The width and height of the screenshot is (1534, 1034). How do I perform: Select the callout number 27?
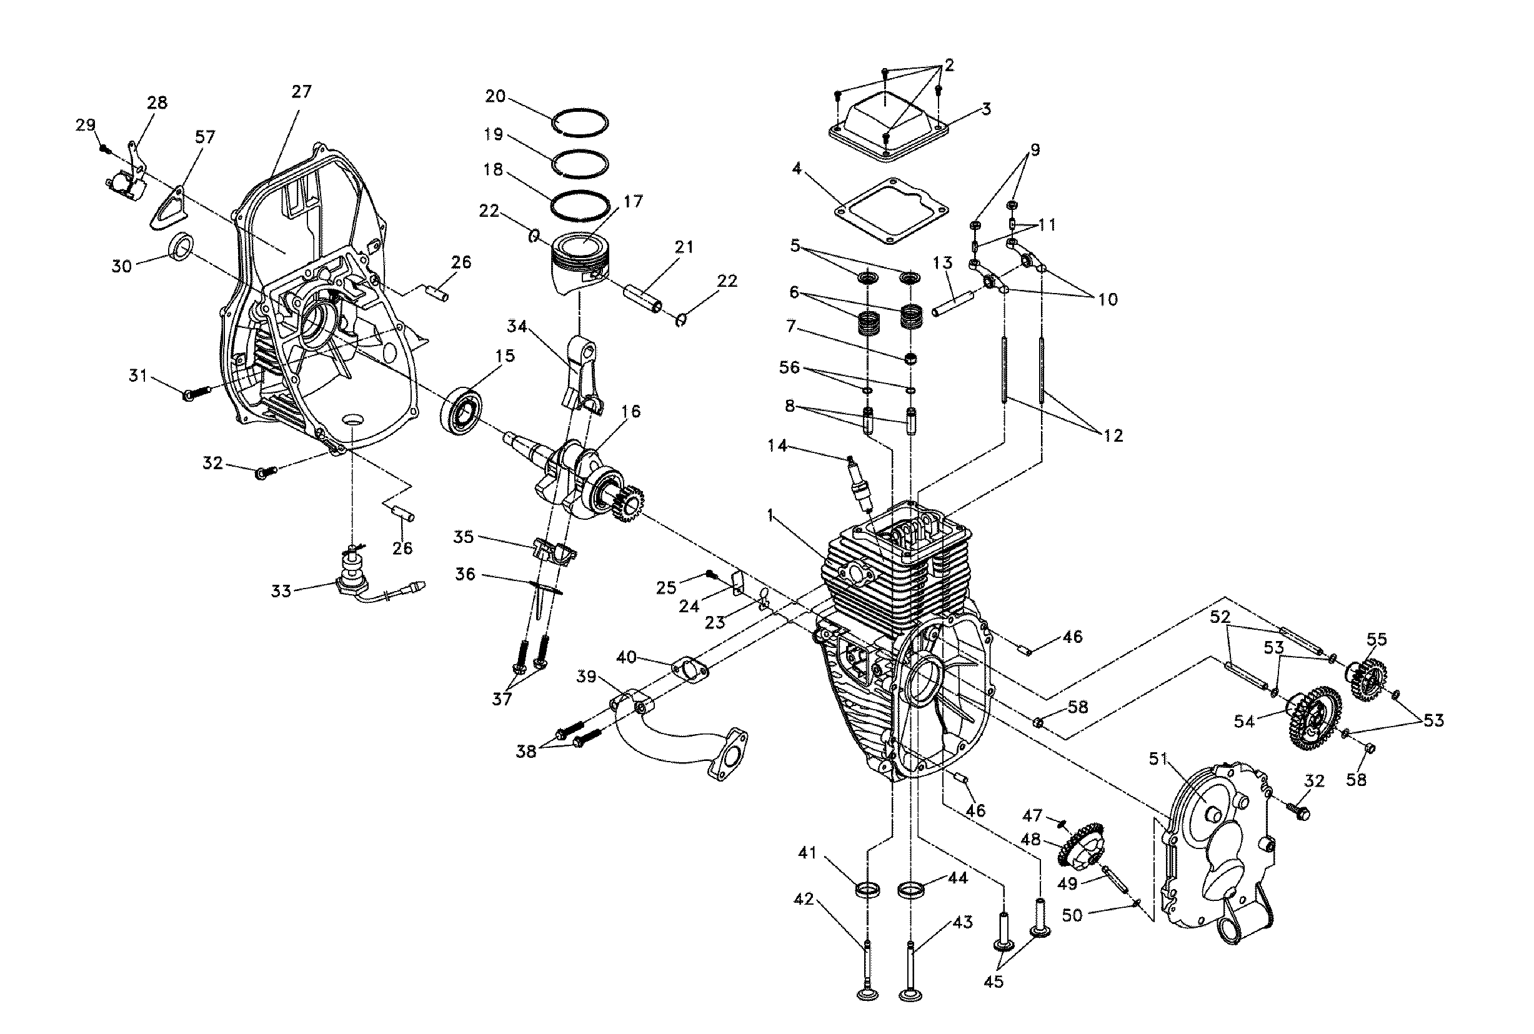301,92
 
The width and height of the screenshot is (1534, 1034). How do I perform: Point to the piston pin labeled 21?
643,299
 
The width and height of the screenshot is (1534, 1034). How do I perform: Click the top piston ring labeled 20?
580,122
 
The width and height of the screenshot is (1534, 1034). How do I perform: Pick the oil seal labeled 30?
182,246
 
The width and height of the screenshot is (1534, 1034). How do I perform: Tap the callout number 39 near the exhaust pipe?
586,677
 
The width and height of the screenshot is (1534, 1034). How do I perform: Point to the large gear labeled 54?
1312,718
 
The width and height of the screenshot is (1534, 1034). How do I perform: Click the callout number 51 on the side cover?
1158,759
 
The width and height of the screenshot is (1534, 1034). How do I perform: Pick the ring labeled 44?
912,890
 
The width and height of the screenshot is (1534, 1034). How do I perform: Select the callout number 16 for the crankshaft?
630,412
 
